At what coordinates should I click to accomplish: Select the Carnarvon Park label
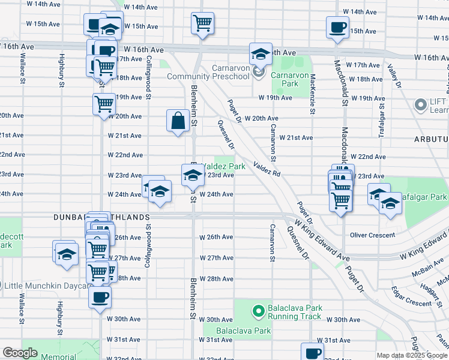pos(284,79)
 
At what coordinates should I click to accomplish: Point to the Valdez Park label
pos(223,166)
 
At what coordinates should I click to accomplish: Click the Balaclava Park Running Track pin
pos(258,311)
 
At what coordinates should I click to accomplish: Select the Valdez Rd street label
pos(267,169)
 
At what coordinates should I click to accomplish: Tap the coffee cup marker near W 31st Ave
pos(312,352)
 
